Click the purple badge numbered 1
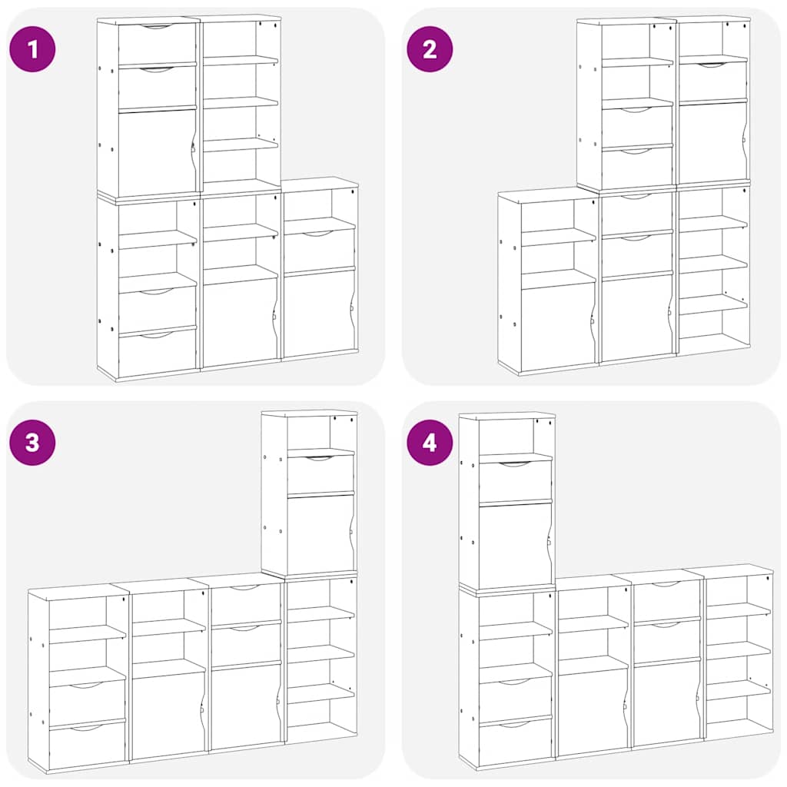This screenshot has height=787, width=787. (x=32, y=49)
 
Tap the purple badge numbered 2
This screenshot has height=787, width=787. (x=430, y=49)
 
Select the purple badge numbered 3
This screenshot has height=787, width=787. (x=32, y=442)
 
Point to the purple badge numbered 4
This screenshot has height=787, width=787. (x=430, y=442)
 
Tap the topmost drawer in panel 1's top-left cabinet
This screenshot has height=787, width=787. (x=157, y=44)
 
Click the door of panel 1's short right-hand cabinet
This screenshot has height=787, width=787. (x=319, y=314)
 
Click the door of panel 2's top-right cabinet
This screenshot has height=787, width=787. (x=712, y=143)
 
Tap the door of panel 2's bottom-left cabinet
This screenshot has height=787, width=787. (x=557, y=327)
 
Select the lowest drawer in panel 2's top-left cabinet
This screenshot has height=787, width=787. (x=636, y=167)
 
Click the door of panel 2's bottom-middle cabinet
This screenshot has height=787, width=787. (x=636, y=317)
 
